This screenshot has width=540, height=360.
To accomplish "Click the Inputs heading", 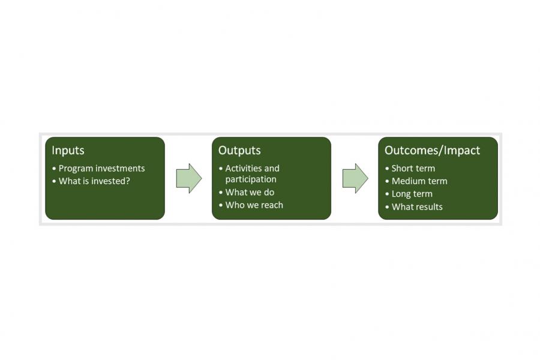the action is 68,151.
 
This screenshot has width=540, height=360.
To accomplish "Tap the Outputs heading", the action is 239,151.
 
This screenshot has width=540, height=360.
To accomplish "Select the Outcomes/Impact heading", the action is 432,151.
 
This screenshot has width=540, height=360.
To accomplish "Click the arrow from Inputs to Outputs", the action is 189,178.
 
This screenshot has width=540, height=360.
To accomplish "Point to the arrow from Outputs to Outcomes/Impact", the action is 355,178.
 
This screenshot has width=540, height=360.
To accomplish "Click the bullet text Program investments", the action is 101,169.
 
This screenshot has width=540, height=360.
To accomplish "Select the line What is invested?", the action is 94,181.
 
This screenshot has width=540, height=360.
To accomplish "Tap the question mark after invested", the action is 128,181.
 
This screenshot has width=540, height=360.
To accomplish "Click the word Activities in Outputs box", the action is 243,169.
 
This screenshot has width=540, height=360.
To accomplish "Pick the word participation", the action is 251,179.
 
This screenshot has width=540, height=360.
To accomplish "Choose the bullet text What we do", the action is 250,192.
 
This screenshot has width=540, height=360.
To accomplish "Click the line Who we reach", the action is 254,205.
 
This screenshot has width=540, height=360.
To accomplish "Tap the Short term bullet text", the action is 413,169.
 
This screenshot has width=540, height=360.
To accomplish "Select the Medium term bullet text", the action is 419,181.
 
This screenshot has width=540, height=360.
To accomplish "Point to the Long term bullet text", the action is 412,194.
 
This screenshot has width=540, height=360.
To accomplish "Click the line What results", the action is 417,206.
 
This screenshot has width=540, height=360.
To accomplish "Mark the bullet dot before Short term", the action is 387,169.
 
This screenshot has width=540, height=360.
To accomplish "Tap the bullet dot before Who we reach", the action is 221,205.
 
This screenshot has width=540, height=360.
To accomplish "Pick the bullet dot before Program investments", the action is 54,169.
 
